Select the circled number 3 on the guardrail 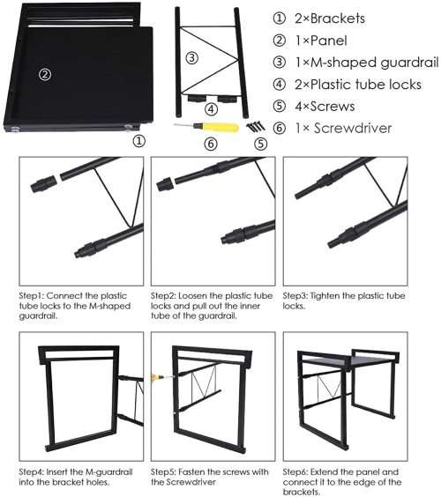tap(191, 59)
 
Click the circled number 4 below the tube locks tap(211, 110)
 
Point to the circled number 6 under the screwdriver tap(210, 143)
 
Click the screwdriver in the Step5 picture tap(159, 376)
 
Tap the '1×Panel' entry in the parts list tap(321, 41)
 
